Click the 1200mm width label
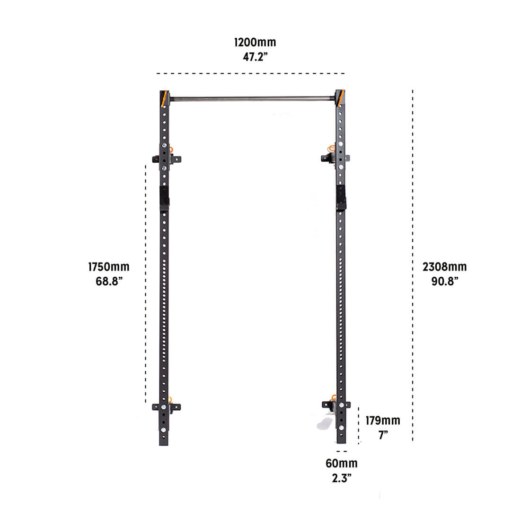255,43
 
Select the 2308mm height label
444,267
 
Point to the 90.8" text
444,282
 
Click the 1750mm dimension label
109,267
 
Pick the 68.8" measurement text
109,282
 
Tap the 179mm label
382,421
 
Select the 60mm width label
341,463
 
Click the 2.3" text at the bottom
341,478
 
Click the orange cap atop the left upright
164,98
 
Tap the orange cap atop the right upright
340,97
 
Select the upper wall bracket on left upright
166,159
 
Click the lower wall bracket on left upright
166,406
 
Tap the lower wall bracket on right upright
336,405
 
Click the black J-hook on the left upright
164,196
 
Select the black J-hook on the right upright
341,197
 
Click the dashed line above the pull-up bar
250,73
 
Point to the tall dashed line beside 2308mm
413,189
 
